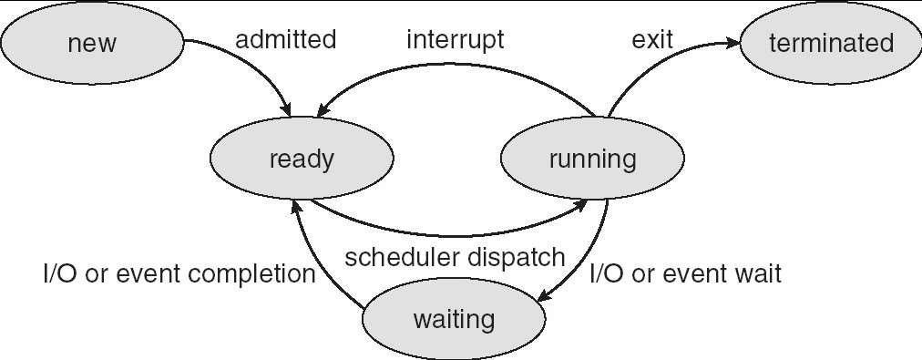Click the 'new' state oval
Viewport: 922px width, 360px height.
pos(92,43)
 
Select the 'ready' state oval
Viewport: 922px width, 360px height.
pos(302,159)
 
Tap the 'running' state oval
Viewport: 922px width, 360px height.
pos(592,159)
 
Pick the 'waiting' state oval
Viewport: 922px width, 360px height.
pos(454,319)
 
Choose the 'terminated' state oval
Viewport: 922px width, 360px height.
pos(831,43)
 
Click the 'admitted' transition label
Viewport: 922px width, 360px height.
pos(286,40)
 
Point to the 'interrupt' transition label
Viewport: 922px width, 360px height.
pos(456,40)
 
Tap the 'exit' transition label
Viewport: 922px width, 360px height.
pos(652,40)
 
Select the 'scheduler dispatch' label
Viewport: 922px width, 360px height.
pos(455,258)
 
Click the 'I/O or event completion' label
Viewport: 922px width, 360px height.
pos(179,274)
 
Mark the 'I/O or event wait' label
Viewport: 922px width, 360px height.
pos(686,274)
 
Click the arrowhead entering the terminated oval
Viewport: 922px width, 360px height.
pos(732,42)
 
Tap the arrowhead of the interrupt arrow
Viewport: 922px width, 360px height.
pos(323,109)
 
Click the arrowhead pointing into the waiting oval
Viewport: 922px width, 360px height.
pos(545,295)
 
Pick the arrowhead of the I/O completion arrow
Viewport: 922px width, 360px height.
pos(296,206)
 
